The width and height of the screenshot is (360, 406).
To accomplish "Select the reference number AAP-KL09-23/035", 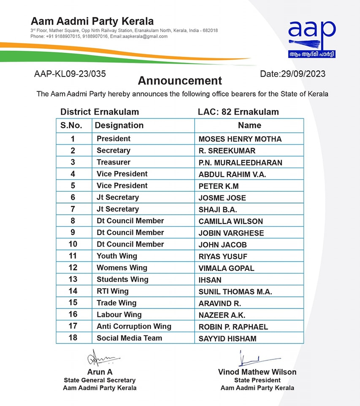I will point(70,74).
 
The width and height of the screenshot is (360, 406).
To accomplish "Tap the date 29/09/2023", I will point(292,74).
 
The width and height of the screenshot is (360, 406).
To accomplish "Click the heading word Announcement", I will point(180,80).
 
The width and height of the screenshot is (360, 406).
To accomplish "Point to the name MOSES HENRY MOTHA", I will point(240,139).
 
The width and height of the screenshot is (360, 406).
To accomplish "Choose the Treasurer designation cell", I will point(114,162).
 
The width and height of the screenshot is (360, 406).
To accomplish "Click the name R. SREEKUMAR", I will point(227,151).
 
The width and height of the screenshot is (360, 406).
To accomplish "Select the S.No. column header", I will point(74,126).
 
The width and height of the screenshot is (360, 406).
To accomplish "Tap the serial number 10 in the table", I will point(73,244).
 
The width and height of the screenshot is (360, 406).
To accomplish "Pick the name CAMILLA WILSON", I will point(230,221).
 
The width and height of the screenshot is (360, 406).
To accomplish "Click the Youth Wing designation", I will point(117,256).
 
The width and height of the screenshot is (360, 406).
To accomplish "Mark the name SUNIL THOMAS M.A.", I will point(235,291).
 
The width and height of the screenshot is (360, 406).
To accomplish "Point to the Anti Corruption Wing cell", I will point(134,326).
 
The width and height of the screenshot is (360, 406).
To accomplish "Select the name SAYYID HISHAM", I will point(227,338).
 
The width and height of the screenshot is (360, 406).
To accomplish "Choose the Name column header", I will point(249,126).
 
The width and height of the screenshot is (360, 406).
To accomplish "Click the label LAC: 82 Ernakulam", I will point(238,112).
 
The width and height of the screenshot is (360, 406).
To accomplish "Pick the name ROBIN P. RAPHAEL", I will point(233,327).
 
